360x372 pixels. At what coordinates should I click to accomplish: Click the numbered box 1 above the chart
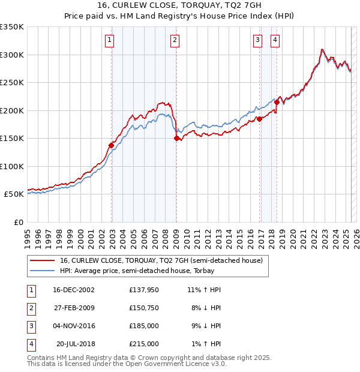coord(110,40)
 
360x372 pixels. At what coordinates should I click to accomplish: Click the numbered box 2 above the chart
coord(174,40)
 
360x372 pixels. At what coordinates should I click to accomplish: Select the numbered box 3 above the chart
coord(257,40)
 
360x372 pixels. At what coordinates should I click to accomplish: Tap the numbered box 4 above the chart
coord(275,40)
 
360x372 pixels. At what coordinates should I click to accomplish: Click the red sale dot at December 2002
coord(112,145)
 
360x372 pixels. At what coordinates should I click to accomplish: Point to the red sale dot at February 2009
coord(177,138)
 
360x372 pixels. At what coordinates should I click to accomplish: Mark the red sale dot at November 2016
coord(260,119)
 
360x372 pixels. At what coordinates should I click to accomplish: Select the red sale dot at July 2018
coord(277,103)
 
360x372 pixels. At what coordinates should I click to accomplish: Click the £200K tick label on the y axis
coord(12,110)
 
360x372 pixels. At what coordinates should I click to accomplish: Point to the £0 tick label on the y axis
coord(20,222)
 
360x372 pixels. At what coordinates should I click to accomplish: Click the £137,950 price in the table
coord(144,290)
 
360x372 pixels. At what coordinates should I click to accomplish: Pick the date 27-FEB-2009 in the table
coord(74,308)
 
